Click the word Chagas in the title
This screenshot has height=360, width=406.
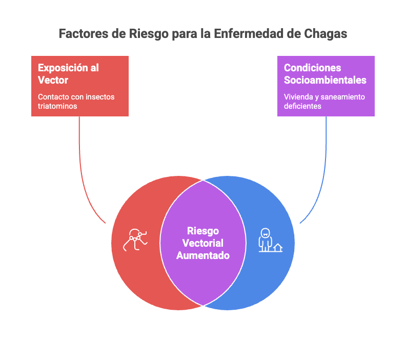click(x=325, y=34)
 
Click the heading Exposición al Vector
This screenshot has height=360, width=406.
click(x=68, y=74)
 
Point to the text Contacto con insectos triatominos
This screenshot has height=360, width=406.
click(x=76, y=102)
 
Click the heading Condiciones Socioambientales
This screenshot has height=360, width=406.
click(x=325, y=74)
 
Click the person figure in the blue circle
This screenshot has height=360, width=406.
click(x=265, y=239)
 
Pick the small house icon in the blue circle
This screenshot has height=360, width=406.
click(x=277, y=248)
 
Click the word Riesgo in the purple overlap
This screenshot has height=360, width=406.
click(x=203, y=231)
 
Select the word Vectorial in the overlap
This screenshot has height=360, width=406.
click(x=203, y=243)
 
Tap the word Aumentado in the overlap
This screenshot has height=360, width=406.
click(x=203, y=255)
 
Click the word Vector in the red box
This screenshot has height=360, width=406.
click(x=53, y=80)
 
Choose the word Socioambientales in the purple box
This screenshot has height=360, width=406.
click(x=325, y=80)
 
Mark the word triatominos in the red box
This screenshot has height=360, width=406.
click(x=57, y=106)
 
